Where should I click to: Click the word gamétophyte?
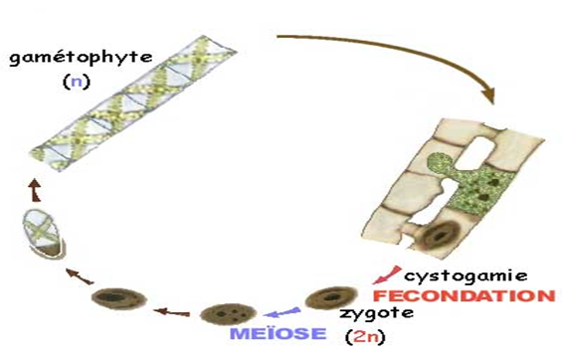click(x=81, y=58)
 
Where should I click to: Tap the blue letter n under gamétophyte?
click(x=77, y=82)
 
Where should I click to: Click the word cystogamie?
click(x=466, y=276)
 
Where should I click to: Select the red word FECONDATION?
click(x=465, y=296)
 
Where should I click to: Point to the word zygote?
click(x=376, y=314)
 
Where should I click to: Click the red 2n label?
click(x=365, y=337)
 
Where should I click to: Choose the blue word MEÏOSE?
click(x=279, y=333)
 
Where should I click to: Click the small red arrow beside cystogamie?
click(x=386, y=275)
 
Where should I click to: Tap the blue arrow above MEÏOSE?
click(x=281, y=312)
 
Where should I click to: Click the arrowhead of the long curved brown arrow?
click(x=488, y=95)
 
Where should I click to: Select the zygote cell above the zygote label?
click(x=331, y=297)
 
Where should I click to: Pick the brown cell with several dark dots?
click(x=228, y=314)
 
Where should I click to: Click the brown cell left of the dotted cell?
click(x=118, y=298)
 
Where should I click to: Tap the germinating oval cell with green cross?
click(x=44, y=235)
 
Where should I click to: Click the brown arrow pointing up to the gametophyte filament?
click(x=35, y=190)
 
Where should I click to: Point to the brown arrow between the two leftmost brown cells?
click(x=172, y=312)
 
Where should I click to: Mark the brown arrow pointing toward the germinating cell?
click(x=80, y=276)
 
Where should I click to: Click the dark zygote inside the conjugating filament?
click(x=440, y=235)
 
